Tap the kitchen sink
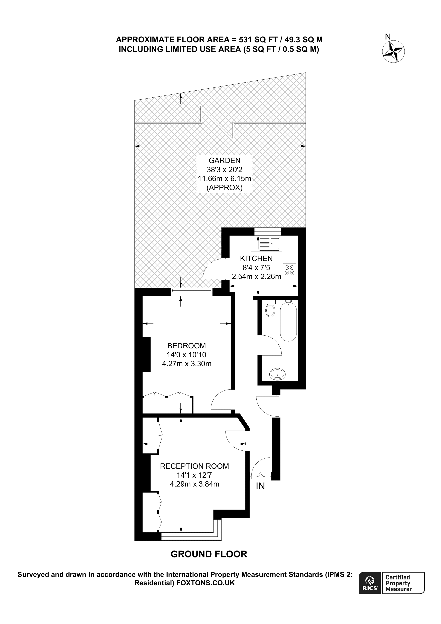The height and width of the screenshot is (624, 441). pyautogui.click(x=269, y=244)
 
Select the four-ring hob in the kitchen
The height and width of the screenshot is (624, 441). pyautogui.click(x=289, y=270)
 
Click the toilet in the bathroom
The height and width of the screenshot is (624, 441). pyautogui.click(x=270, y=309)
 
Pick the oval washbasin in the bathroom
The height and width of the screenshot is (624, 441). pyautogui.click(x=277, y=374)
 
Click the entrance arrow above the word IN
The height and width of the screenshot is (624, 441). pyautogui.click(x=261, y=476)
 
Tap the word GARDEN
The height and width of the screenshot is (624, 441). pyautogui.click(x=225, y=160)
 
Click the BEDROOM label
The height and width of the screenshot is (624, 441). pyautogui.click(x=186, y=346)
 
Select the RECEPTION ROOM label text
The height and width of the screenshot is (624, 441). pyautogui.click(x=194, y=466)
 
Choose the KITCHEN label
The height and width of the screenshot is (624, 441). pyautogui.click(x=256, y=258)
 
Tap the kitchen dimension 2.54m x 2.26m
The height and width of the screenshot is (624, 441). pyautogui.click(x=256, y=277)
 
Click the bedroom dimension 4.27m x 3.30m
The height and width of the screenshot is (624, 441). pyautogui.click(x=187, y=364)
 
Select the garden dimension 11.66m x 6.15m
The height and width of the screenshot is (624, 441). pyautogui.click(x=225, y=179)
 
